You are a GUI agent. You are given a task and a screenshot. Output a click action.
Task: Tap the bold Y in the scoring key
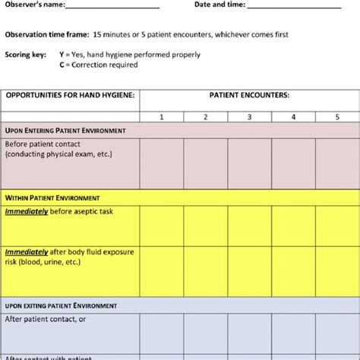pos(62,55)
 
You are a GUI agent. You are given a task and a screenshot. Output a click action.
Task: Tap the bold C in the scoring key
pos(62,65)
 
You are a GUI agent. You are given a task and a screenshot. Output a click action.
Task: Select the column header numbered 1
pos(161,117)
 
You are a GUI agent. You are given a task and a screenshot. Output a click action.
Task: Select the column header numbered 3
pos(249,117)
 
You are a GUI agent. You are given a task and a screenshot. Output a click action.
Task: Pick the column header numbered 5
pos(337,117)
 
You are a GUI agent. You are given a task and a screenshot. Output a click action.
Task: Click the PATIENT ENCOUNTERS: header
pos(249,96)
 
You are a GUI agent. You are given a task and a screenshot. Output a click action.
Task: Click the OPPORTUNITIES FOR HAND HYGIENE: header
pos(70,96)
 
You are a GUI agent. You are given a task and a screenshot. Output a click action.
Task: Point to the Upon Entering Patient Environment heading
pos(65,131)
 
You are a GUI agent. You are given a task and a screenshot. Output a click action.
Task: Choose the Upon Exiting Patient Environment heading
pos(61,305)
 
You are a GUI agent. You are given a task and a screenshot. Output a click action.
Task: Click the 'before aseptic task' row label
pos(69,210)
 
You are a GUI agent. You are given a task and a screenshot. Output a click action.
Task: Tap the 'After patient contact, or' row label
pos(45,319)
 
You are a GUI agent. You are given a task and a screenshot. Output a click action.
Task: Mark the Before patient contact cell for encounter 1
pos(161,163)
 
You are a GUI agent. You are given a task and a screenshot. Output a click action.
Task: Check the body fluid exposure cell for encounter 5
pos(337,270)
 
